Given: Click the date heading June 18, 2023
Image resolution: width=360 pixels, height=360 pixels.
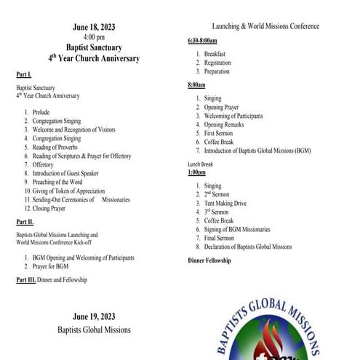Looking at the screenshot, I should (94, 28).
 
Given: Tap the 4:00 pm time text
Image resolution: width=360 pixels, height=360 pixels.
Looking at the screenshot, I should (94, 37).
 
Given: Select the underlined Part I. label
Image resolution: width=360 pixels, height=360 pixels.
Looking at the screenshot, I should (24, 74).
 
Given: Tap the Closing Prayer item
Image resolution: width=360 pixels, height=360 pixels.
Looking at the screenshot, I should (49, 208).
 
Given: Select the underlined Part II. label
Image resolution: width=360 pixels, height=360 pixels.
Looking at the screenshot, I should (25, 221).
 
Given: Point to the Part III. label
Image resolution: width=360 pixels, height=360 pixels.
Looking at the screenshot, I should (27, 279).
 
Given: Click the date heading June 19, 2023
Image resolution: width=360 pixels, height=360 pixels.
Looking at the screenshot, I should (94, 317).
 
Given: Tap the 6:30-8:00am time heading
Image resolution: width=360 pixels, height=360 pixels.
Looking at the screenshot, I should (204, 41).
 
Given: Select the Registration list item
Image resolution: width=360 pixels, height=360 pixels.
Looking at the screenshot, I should (217, 63).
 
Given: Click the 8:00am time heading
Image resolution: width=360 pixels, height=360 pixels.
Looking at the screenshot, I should (196, 85).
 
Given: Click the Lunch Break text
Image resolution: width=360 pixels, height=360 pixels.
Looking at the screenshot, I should (202, 164).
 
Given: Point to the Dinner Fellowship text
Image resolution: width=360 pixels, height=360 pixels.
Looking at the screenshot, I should (209, 260).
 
